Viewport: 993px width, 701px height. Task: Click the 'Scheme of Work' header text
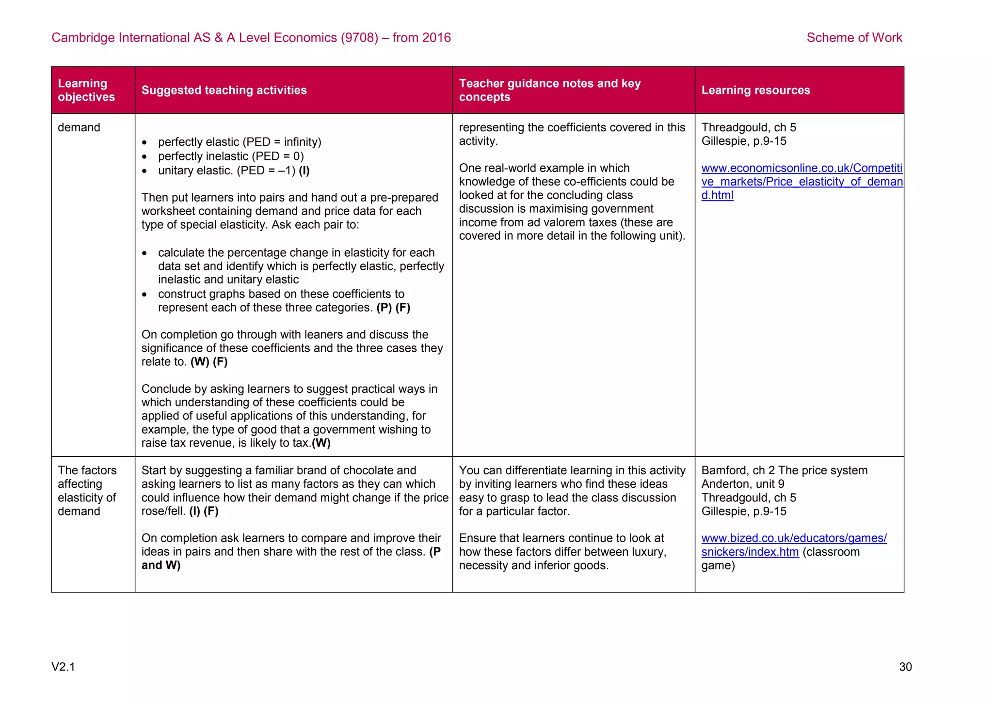(854, 38)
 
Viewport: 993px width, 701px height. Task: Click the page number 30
(905, 667)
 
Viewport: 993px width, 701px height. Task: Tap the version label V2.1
(63, 667)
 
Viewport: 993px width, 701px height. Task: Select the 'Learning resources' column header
(755, 90)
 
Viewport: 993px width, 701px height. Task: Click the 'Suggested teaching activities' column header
(224, 90)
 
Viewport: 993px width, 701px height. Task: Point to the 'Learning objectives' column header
(86, 90)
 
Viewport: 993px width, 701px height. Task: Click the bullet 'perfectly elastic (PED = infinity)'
(240, 142)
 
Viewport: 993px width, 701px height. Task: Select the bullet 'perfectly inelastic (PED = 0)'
(231, 156)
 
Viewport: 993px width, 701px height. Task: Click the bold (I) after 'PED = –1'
(304, 171)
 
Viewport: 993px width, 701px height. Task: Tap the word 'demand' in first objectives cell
(79, 127)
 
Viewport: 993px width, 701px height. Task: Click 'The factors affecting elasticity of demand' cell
(87, 490)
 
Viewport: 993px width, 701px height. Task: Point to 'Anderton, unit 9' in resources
(742, 484)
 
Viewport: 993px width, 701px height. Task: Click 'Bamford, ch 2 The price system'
(784, 470)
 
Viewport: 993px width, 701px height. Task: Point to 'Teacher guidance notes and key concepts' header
(549, 90)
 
